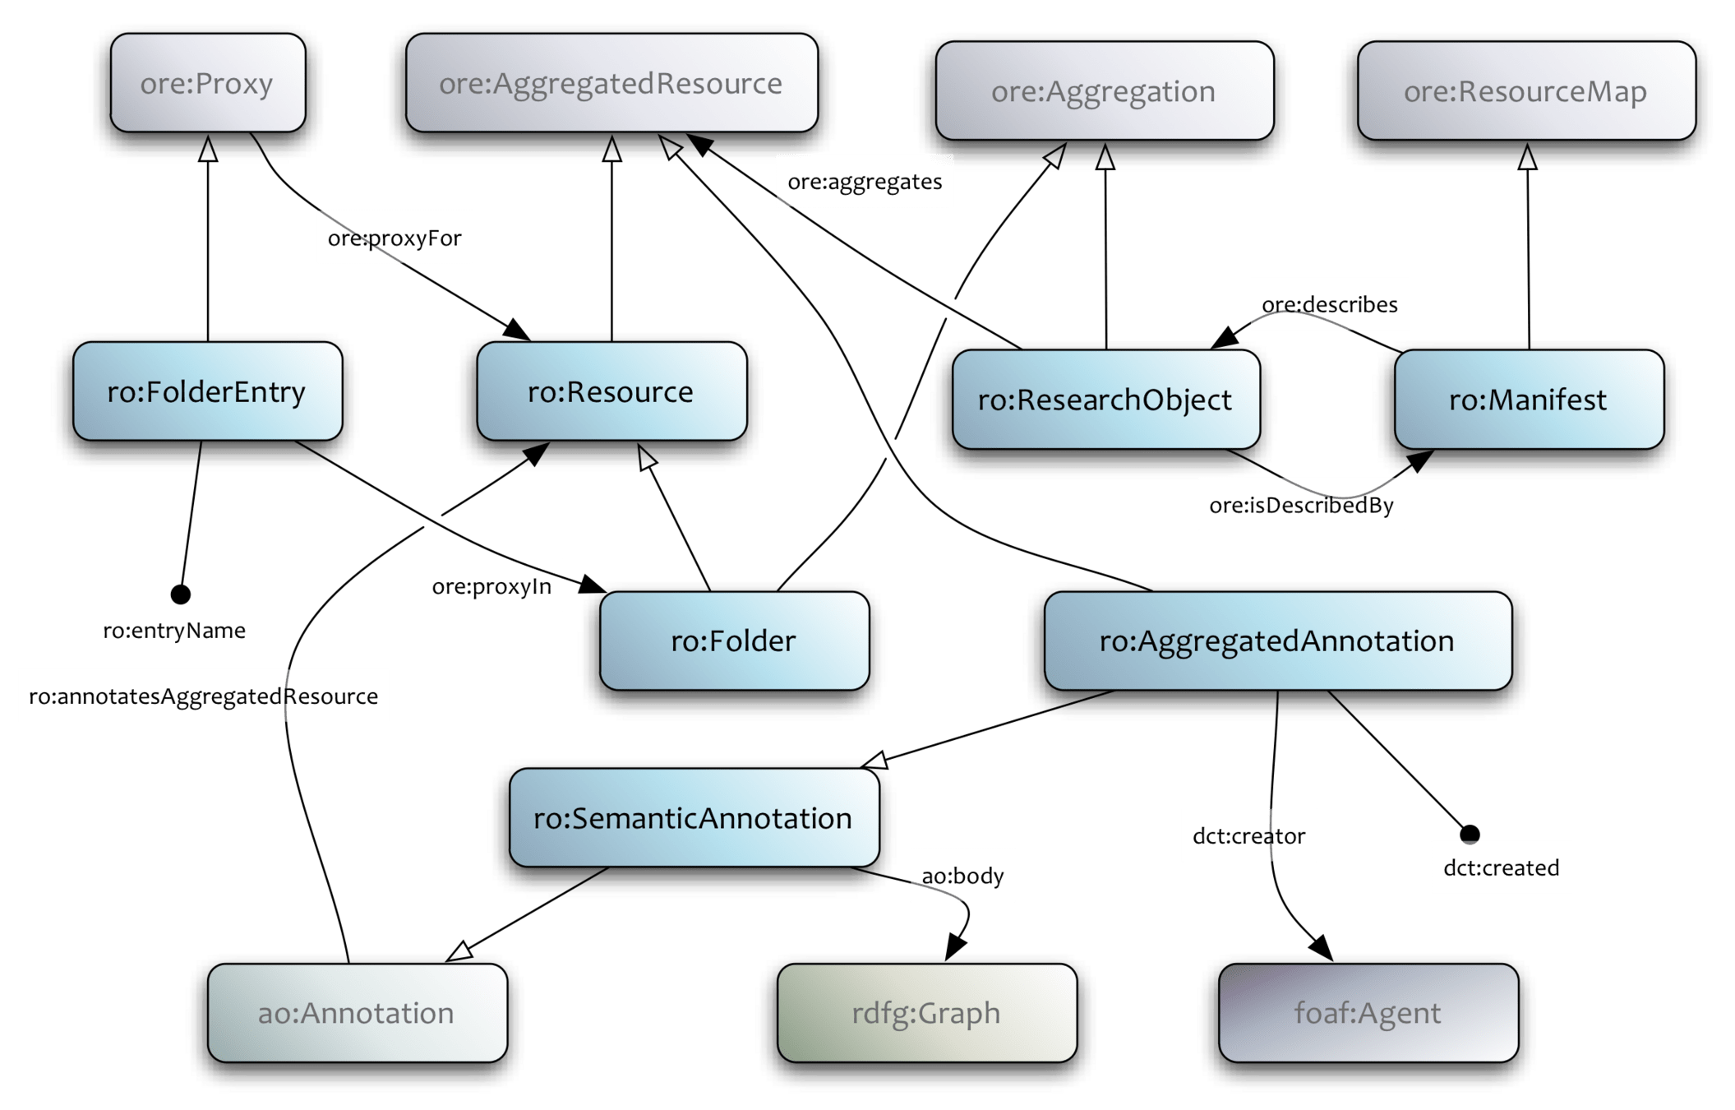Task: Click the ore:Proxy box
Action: [207, 83]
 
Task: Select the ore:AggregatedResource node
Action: [611, 83]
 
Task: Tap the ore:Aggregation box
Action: [1104, 91]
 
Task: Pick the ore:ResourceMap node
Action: [1525, 91]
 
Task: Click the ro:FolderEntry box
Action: [207, 392]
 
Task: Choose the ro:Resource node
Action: [611, 392]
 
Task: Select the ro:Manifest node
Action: [1528, 400]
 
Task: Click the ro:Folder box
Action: [734, 641]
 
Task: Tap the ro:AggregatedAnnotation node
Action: [1277, 641]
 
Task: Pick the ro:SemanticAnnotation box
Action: [694, 818]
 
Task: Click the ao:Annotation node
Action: [357, 1013]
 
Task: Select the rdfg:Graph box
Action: [926, 1013]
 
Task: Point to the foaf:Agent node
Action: [1368, 1013]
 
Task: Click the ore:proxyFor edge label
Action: [395, 238]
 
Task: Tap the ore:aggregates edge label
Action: [865, 181]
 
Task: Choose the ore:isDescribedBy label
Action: [1301, 505]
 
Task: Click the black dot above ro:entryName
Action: [180, 594]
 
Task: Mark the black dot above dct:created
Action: [1470, 834]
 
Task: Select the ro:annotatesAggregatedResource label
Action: [203, 696]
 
